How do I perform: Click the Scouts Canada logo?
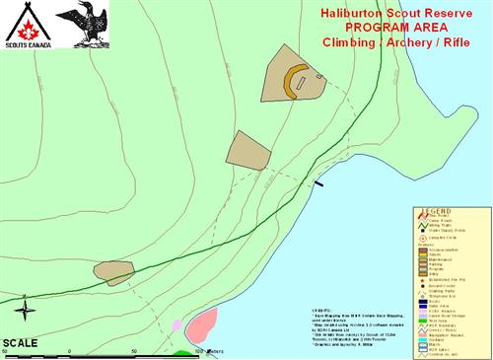pos(27,26)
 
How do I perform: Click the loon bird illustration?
pos(82,24)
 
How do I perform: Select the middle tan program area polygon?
pos(247,150)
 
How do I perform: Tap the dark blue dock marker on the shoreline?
pos(318,183)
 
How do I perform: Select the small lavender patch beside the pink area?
pos(176,324)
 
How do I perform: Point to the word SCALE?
pos(20,342)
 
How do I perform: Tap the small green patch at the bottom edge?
pos(183,352)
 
